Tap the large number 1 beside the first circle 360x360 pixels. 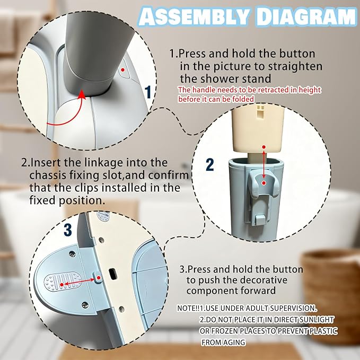click(148, 92)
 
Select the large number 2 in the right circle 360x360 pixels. click(210, 164)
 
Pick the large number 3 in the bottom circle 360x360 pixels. click(67, 230)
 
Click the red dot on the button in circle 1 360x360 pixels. click(123, 69)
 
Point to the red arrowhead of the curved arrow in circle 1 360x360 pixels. click(82, 94)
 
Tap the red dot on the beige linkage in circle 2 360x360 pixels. click(264, 147)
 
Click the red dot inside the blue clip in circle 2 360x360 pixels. click(264, 183)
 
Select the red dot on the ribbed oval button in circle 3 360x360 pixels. click(62, 285)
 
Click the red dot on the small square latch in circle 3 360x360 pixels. click(99, 278)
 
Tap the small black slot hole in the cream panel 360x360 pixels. click(113, 273)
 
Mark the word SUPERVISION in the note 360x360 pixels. click(293, 308)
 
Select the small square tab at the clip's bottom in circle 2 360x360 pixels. click(259, 219)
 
